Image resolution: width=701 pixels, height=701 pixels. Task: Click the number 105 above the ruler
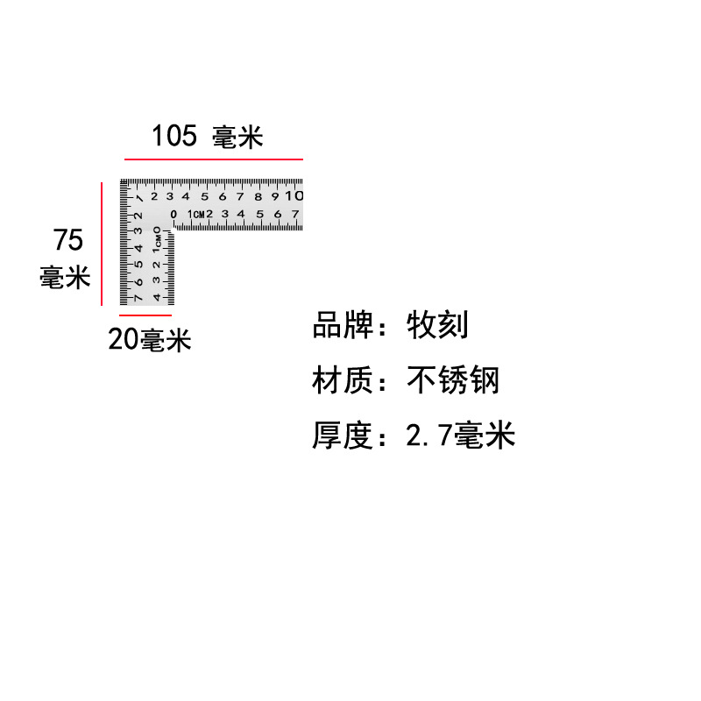pos(174,136)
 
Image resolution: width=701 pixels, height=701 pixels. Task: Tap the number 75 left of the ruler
pos(68,239)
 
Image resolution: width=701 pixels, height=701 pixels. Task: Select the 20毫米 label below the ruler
pos(150,339)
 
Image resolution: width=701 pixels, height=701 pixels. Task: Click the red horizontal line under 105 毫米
pos(213,159)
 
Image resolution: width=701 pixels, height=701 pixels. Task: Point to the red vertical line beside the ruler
pos(102,243)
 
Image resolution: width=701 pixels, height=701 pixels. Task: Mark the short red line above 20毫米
pos(145,314)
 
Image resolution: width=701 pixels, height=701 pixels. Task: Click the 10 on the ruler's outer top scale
pos(294,195)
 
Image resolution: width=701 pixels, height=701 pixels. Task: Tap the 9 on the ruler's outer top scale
pos(274,196)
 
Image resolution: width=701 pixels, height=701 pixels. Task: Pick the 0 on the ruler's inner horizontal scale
pos(173,215)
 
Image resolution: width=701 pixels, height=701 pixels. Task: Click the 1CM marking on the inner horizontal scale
pos(194,215)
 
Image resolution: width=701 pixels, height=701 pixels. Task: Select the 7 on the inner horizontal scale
pos(294,215)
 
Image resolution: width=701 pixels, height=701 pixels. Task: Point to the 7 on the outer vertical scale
pos(138,299)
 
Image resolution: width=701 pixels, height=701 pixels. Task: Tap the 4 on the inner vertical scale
pos(157,298)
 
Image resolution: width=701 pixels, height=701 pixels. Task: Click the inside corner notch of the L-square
pos(173,231)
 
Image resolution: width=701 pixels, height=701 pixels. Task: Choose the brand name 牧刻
pos(437,325)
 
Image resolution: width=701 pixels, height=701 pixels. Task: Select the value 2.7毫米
pos(460,435)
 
